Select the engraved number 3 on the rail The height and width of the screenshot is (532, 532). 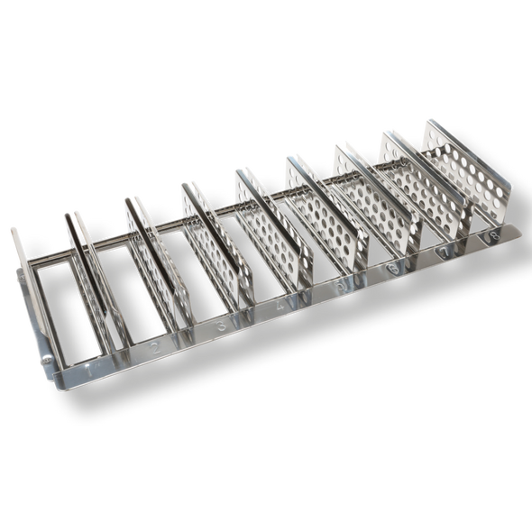[220, 325]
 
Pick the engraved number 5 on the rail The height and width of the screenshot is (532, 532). [338, 286]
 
